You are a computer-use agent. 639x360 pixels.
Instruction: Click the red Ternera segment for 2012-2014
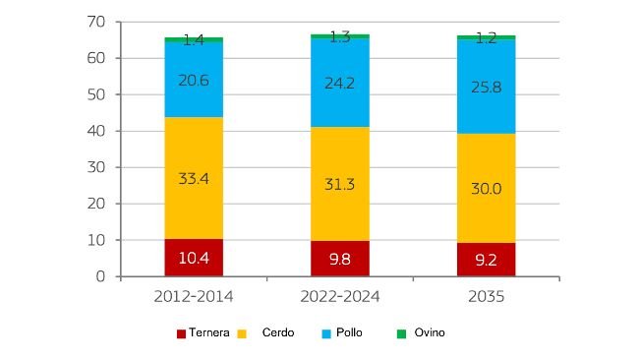194,258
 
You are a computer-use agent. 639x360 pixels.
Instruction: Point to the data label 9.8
340,260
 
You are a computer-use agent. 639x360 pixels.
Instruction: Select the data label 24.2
340,83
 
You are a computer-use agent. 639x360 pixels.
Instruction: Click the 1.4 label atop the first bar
194,40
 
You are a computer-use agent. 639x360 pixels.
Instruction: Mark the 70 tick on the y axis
96,22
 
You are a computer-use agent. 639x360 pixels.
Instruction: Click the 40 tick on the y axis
96,131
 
